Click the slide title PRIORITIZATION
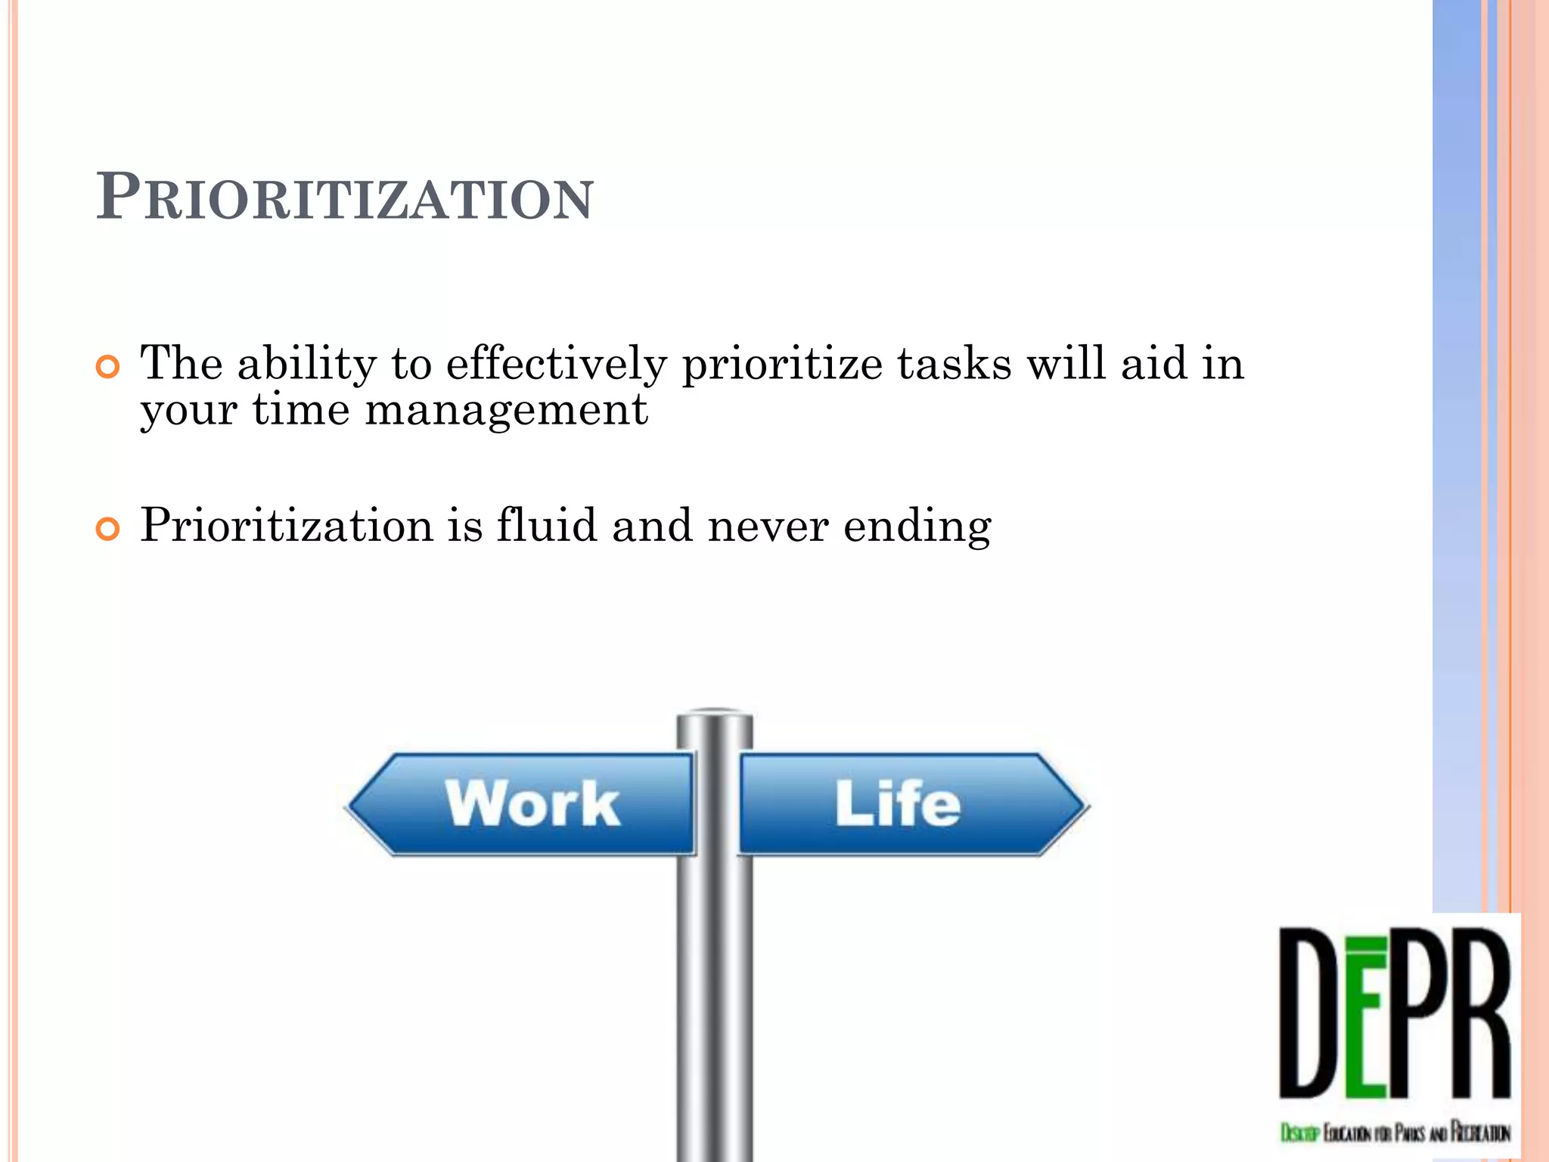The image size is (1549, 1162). [345, 197]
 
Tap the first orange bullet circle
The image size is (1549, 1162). [108, 368]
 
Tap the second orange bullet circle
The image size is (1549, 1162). [108, 529]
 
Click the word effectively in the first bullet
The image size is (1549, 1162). [556, 365]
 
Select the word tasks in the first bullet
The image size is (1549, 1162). [954, 365]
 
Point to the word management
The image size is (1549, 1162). [506, 412]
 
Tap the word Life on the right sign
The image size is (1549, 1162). [898, 803]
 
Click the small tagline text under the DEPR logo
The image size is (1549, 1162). [1395, 1132]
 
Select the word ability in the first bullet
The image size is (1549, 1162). [306, 365]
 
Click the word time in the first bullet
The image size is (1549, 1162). [300, 412]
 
